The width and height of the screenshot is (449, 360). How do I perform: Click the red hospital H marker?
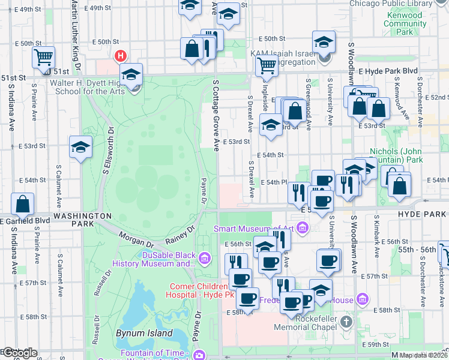pos(121,56)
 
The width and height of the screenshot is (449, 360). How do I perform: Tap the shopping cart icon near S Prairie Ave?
pos(43,58)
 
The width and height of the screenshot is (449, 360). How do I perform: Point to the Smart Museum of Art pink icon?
pos(303,227)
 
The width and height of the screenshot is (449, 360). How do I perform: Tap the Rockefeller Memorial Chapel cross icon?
pos(346,323)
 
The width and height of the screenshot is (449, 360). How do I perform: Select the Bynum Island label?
pos(147,333)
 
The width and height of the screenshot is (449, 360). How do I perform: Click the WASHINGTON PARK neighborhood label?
pos(82,219)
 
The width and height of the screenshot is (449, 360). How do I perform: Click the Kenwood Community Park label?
pos(405,24)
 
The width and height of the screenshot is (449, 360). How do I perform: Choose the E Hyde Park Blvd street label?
pos(388,70)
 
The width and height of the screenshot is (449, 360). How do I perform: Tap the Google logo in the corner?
pos(19,353)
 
